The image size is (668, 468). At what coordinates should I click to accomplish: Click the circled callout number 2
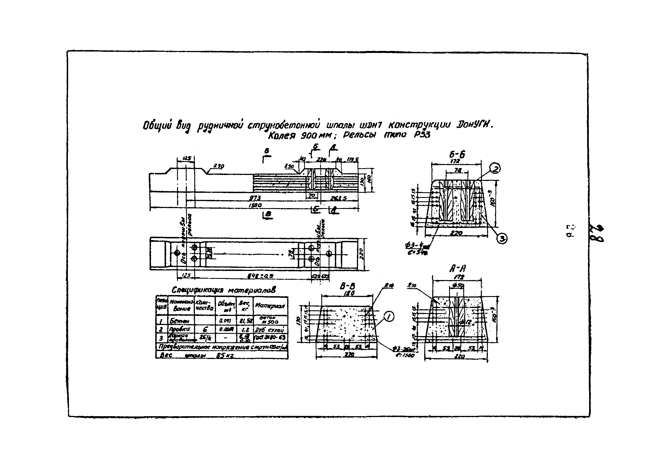tap(495, 168)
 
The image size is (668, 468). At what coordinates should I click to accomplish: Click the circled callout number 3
tap(502, 238)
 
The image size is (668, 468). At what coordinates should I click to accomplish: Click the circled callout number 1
tap(389, 316)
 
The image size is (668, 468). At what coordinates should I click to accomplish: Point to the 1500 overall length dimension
tap(255, 205)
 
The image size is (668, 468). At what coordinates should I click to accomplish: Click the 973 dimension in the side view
tap(255, 198)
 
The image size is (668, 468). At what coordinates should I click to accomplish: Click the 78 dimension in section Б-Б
tap(458, 170)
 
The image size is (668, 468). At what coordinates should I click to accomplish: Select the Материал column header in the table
tap(270, 305)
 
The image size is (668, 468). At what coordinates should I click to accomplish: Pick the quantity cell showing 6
tap(205, 329)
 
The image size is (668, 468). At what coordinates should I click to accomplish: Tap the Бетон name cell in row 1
tap(179, 321)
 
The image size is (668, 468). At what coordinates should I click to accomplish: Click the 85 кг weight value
tap(226, 355)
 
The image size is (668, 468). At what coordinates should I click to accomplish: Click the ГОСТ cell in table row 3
tap(271, 337)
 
